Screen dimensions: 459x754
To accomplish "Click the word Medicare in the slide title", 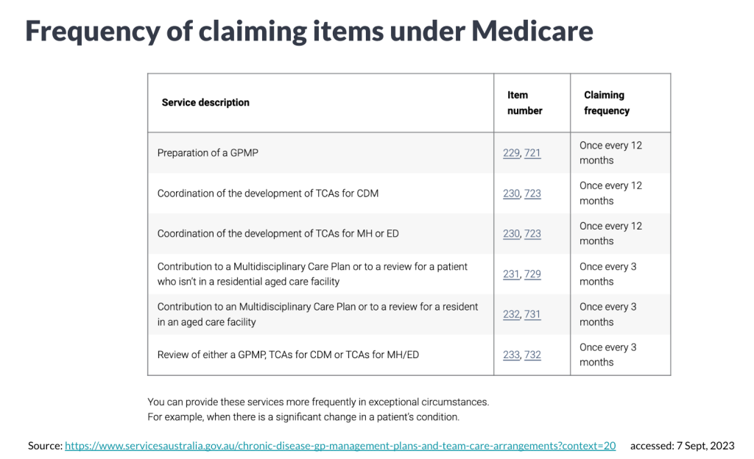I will pos(532,31).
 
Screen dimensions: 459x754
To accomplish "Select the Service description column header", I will pos(205,102).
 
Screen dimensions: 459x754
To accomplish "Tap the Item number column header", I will pos(524,103).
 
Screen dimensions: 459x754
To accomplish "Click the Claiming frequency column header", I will pos(607,103).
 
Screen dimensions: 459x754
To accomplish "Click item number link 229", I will pos(511,153).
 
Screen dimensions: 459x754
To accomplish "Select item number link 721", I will pos(532,153).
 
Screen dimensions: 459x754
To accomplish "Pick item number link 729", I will pos(532,274).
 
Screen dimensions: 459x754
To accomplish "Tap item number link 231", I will pos(511,274).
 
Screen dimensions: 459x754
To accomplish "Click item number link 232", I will pos(511,314).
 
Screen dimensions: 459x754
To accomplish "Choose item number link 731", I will pos(532,314).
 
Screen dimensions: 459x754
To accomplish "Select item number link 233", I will pos(511,355).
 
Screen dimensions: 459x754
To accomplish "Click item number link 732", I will pos(532,355).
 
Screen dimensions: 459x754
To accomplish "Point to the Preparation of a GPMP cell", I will pos(208,153).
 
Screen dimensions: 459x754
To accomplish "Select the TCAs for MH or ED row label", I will pos(277,234).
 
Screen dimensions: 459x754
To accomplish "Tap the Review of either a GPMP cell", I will pos(288,355).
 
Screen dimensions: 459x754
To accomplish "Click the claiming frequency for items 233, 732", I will pos(607,355).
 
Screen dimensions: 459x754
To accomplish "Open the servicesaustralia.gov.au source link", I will pos(340,446).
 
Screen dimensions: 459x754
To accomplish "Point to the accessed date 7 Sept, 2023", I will pos(682,446).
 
